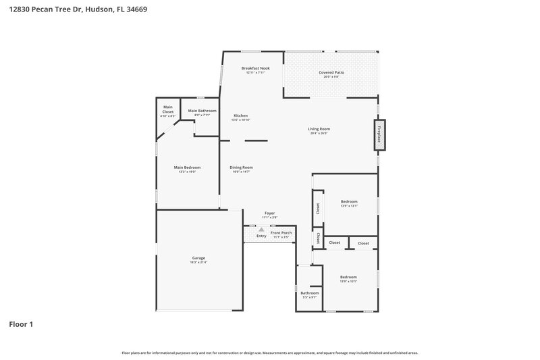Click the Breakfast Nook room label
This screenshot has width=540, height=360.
[255, 68]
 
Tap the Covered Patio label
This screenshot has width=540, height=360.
[331, 72]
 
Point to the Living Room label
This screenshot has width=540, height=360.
[319, 128]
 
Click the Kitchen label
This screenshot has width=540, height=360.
[241, 115]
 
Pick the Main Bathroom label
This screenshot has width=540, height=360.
[202, 111]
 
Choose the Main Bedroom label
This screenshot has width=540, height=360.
[187, 168]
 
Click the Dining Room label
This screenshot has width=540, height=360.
[241, 168]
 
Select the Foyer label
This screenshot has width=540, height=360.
[269, 213]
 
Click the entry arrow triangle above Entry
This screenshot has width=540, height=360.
[261, 230]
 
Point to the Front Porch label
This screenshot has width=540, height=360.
[281, 233]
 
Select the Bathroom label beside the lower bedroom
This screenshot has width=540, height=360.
[310, 293]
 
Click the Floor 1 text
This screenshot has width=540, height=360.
[20, 324]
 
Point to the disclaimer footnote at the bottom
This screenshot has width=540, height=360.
[270, 353]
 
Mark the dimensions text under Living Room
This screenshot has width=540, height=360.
[319, 133]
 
